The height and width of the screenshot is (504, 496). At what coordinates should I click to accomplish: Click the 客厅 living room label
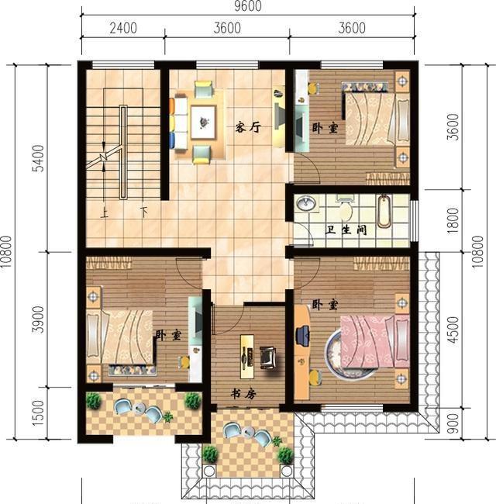tap(248, 127)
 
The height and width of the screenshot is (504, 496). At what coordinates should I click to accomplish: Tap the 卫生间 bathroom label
tap(346, 230)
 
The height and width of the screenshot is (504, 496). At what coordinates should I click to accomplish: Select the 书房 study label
tap(243, 394)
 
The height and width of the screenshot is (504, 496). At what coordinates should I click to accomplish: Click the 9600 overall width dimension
tap(248, 6)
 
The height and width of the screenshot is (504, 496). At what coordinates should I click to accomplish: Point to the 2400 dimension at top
tap(123, 28)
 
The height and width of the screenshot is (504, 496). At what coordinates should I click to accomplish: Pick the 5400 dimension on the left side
tap(39, 158)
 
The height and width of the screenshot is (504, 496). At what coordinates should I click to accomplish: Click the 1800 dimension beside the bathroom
tap(453, 221)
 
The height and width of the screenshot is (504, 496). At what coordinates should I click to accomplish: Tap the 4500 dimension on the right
tap(453, 330)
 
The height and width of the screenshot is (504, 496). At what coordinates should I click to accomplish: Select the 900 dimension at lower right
tap(453, 423)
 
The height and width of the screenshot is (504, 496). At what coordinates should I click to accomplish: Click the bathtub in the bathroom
tap(384, 211)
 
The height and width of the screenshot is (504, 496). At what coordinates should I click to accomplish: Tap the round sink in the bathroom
tap(306, 203)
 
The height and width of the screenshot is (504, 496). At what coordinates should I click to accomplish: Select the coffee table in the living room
tap(203, 123)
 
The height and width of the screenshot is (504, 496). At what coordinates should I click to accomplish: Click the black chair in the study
tap(268, 357)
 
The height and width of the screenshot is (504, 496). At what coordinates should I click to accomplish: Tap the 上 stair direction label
tap(104, 212)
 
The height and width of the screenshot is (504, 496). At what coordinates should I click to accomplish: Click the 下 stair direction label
tap(143, 212)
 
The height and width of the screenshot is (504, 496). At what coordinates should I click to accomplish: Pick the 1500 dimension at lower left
tap(38, 413)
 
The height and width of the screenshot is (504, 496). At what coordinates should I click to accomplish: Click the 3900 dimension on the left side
tap(38, 319)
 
